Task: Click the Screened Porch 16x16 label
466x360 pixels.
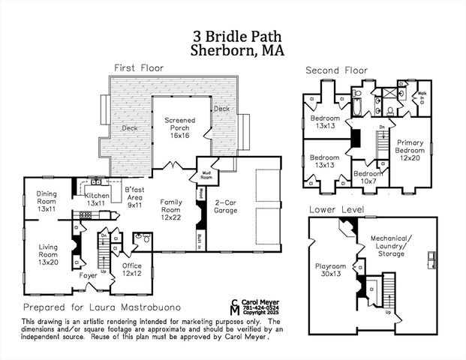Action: [181, 127]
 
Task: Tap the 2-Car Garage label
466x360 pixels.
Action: [226, 207]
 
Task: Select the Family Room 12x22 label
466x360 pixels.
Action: [171, 207]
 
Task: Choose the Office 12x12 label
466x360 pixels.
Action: [132, 268]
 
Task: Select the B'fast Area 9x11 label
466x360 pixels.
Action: [134, 196]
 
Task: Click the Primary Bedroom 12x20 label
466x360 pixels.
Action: [410, 150]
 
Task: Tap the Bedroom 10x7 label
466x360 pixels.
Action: [368, 178]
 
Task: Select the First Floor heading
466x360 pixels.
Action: [139, 68]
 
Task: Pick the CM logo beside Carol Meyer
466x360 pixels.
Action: [235, 306]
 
